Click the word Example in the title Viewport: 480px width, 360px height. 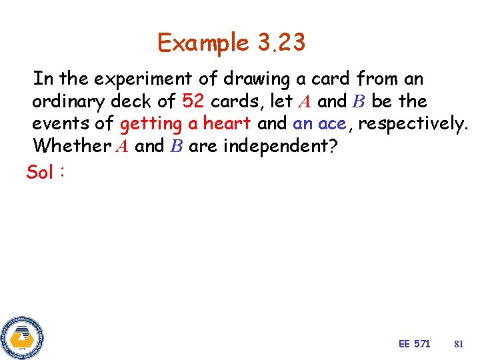coord(203,43)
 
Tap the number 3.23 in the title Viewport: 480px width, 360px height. coord(280,43)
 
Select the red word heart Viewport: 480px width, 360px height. coord(227,123)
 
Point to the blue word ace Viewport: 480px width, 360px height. coord(331,123)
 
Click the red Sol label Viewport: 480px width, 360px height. coord(40,173)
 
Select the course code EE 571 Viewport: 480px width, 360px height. coord(414,344)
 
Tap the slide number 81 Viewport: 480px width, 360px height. coord(458,344)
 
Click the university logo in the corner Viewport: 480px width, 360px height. coord(22,337)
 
